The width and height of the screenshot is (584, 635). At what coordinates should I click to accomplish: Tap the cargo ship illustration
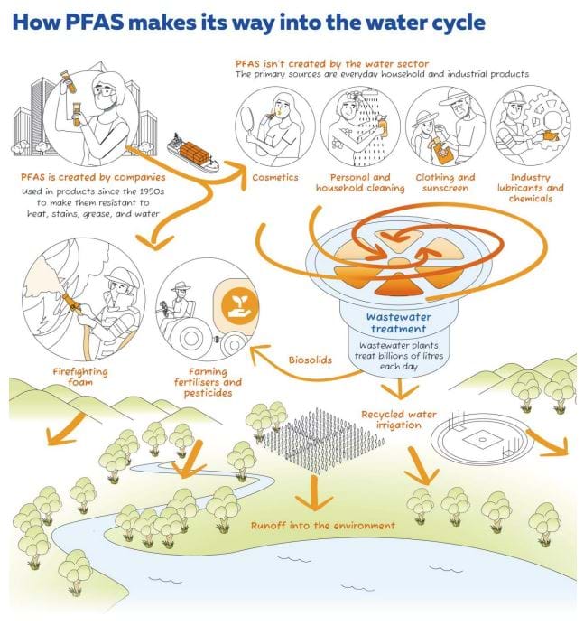point(192,153)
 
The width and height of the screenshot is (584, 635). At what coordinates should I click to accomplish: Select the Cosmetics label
point(274,178)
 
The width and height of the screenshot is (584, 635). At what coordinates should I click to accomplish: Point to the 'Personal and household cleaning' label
point(354,183)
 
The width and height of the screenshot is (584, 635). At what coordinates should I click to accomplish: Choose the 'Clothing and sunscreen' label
point(445,183)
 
